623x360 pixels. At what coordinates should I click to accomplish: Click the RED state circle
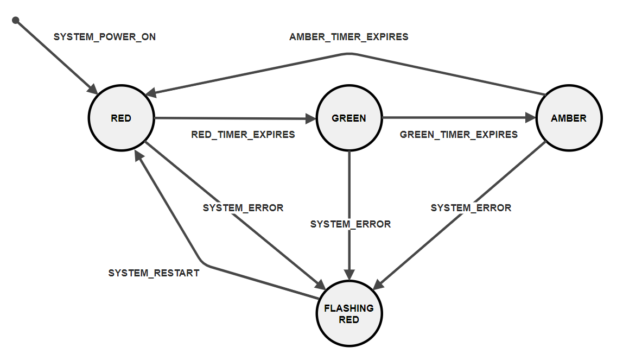pos(121,118)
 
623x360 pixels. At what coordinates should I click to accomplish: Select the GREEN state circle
pos(349,118)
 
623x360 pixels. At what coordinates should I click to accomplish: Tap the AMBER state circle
pos(569,118)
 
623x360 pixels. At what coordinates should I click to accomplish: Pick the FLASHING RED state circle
pos(349,314)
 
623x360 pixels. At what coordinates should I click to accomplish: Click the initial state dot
pos(16,20)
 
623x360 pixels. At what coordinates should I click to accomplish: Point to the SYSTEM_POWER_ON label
pos(105,37)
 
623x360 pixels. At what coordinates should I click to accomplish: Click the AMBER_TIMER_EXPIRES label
pos(349,37)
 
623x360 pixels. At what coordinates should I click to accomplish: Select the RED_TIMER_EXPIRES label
pos(243,134)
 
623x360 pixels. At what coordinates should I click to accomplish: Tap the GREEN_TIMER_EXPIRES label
pos(459,134)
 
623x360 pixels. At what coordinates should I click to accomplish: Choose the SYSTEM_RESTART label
pos(154,273)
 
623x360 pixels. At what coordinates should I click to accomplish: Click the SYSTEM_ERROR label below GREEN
pos(351,224)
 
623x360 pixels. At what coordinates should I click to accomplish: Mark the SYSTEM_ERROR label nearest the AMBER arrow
pos(471,207)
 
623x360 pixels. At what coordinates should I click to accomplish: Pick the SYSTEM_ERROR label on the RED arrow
pos(243,207)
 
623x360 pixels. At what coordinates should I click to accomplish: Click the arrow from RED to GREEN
pos(233,118)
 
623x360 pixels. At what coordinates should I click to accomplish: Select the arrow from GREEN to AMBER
pos(456,118)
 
